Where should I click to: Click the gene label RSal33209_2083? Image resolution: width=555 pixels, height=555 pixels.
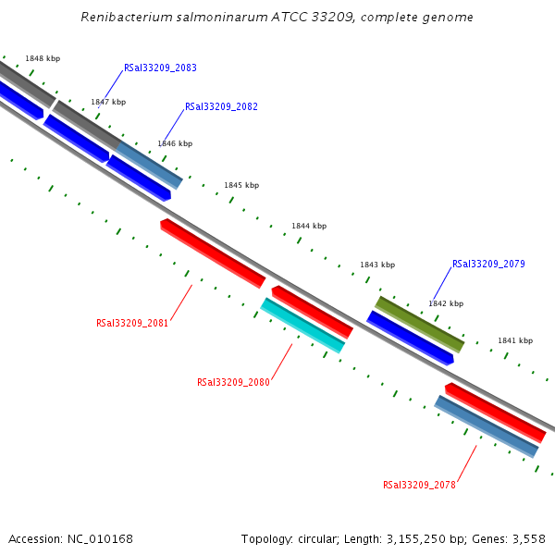click(160, 68)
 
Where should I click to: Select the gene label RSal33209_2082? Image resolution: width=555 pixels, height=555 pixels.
click(221, 107)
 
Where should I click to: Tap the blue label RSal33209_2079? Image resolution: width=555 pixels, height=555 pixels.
click(488, 265)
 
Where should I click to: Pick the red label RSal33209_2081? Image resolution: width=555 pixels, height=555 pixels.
click(132, 324)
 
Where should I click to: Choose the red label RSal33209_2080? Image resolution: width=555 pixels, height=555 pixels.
click(233, 383)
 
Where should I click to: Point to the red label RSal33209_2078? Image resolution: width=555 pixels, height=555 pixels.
click(419, 485)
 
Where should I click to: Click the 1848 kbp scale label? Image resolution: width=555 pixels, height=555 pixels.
click(43, 58)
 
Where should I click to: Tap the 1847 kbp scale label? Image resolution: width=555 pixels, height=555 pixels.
click(108, 103)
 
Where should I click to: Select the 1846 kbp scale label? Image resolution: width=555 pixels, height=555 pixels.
click(175, 144)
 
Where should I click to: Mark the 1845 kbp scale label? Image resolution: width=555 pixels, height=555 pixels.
click(241, 186)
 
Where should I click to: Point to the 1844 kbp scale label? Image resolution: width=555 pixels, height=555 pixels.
click(309, 227)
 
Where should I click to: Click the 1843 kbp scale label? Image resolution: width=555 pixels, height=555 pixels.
click(377, 265)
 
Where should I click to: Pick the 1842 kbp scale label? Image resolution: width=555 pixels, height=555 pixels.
click(446, 303)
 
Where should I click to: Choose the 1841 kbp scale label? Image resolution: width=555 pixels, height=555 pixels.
click(515, 341)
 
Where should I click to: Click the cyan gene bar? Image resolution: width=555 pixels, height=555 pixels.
click(302, 325)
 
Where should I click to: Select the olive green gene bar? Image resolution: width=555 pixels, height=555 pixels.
click(419, 324)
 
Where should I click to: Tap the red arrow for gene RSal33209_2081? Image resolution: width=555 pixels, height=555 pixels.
click(213, 253)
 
